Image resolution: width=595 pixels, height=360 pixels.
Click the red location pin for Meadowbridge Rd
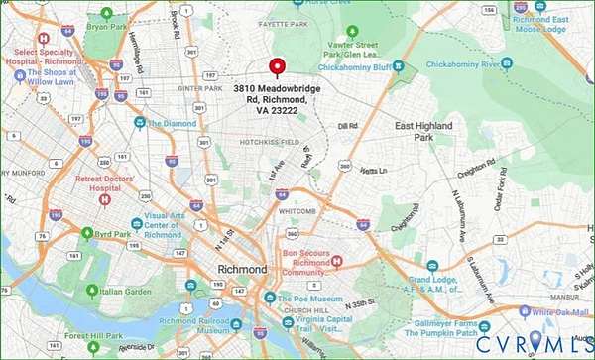(x=278, y=66)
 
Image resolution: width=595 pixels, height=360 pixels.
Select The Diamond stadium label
(x=173, y=123)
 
